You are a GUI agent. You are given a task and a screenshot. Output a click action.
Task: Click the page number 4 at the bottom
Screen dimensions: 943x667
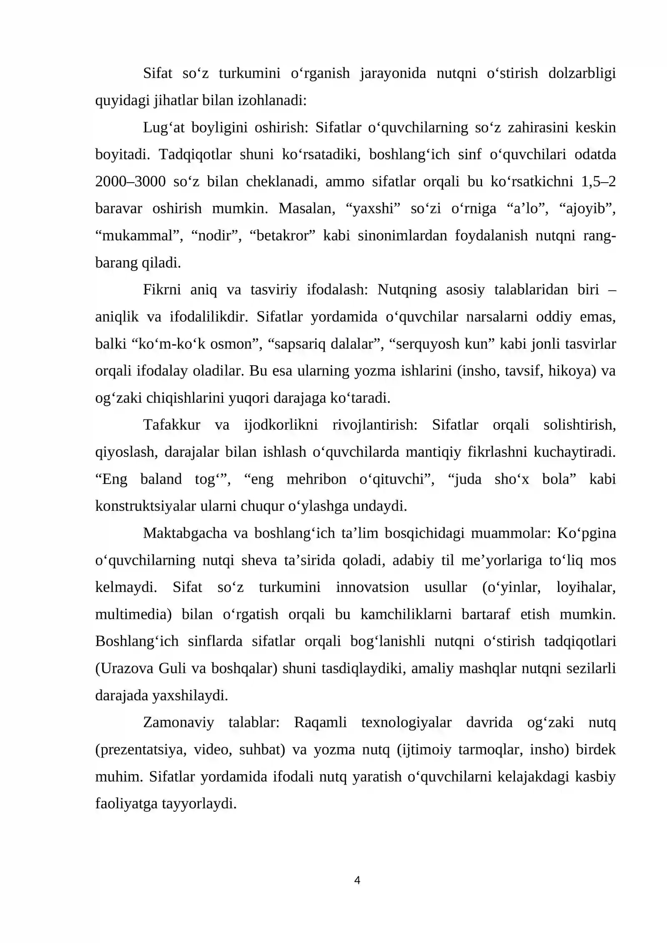pyautogui.click(x=357, y=880)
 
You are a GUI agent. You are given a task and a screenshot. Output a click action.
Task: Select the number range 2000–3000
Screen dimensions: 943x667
pyautogui.click(x=130, y=182)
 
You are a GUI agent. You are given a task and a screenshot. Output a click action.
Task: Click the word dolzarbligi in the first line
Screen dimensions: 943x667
pyautogui.click(x=582, y=73)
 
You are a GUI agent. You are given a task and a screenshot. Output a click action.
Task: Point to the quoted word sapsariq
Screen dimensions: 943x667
pyautogui.click(x=300, y=344)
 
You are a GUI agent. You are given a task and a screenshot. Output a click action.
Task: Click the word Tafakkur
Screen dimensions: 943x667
pyautogui.click(x=171, y=425)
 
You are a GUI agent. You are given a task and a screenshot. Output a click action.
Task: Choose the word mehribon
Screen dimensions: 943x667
pyautogui.click(x=316, y=479)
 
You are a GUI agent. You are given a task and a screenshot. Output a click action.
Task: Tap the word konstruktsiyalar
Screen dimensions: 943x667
pyautogui.click(x=145, y=507)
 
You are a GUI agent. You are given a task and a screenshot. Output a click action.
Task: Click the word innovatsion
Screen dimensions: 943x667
pyautogui.click(x=372, y=588)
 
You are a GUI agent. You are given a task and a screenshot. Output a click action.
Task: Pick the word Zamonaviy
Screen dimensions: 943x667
pyautogui.click(x=178, y=723)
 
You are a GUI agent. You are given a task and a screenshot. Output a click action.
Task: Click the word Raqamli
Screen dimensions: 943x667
pyautogui.click(x=320, y=723)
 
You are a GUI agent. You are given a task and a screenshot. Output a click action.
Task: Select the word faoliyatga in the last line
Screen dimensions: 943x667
pyautogui.click(x=126, y=804)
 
